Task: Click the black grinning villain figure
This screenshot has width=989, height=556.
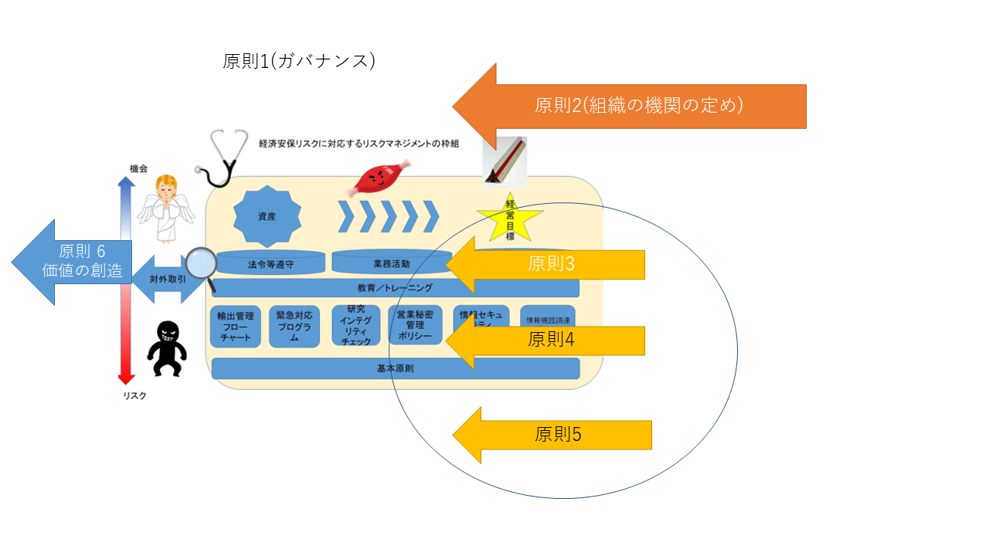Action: pos(167,347)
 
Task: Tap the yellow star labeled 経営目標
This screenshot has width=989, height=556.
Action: pos(510,219)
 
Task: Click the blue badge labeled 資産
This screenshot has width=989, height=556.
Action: pos(267,217)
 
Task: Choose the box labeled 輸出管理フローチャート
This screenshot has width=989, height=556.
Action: pos(236,327)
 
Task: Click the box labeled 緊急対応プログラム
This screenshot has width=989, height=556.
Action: pos(294,327)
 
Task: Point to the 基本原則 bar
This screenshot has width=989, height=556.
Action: pos(395,368)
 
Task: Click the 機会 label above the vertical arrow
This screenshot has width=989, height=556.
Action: pos(139,168)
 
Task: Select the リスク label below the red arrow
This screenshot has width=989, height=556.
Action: pos(134,395)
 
